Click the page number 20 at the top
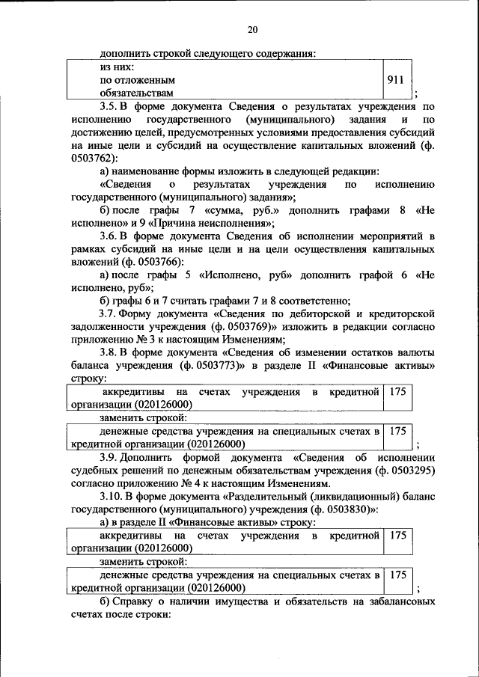click(x=252, y=30)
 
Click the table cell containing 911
click(x=397, y=79)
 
